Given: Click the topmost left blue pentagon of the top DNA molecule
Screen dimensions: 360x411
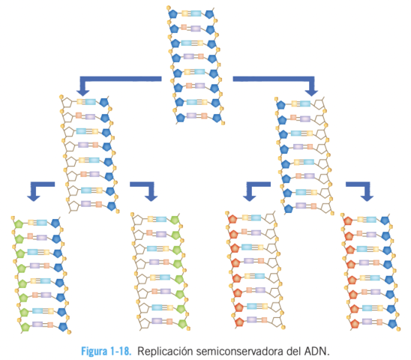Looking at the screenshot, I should point(172,13).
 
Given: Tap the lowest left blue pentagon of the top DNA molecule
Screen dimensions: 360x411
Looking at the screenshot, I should point(180,118).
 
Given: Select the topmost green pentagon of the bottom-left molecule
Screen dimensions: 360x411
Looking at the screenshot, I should point(18,223).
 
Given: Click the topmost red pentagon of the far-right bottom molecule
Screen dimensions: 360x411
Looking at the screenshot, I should point(347,221).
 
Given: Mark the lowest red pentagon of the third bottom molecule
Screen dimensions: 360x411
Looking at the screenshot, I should point(239,322).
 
